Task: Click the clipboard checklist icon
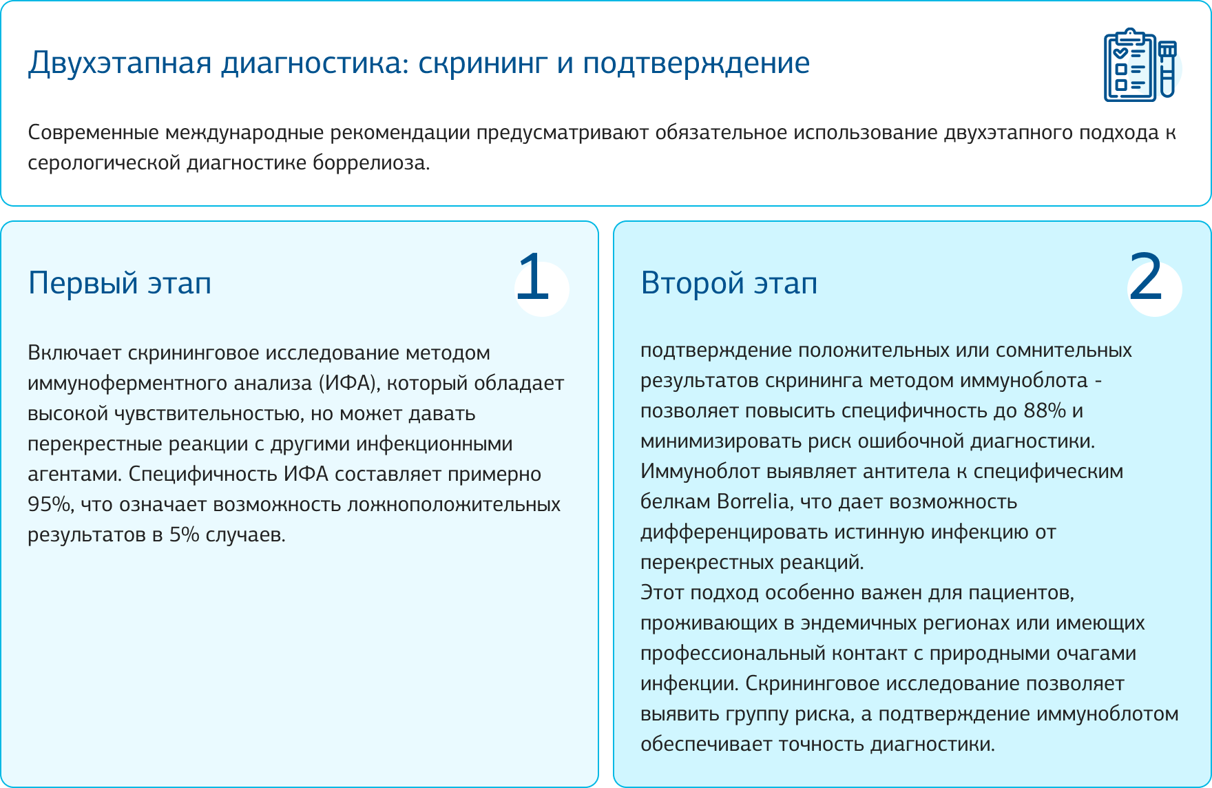(1130, 65)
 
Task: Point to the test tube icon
(1167, 69)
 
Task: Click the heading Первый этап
(120, 283)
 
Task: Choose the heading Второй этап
(729, 283)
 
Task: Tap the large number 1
(534, 277)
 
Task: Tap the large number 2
(1146, 277)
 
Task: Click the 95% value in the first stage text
(49, 504)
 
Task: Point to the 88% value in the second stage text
(1045, 411)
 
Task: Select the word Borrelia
(754, 501)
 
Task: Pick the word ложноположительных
(454, 505)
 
